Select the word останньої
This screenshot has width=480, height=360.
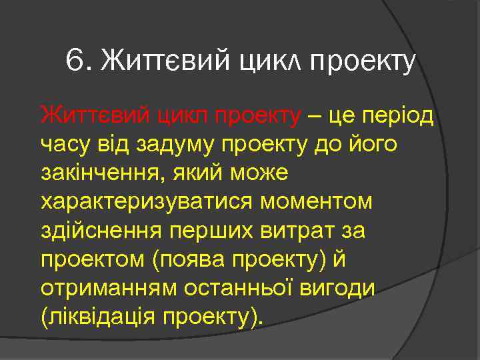(x=239, y=287)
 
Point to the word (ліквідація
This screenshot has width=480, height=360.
(x=98, y=316)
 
